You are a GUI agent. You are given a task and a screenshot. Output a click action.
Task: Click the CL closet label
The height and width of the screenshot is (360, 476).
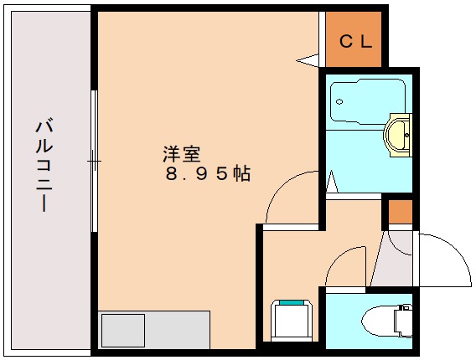click(355, 42)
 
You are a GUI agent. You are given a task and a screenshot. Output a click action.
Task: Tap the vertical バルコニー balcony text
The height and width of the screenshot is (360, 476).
click(44, 165)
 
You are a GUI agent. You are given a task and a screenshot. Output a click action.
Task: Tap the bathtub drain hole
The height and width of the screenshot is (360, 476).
click(339, 103)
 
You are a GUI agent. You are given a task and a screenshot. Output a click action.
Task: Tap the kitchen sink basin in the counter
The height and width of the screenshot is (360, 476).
click(122, 329)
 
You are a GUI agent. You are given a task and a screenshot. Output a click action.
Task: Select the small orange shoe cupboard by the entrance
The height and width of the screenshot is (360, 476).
click(400, 213)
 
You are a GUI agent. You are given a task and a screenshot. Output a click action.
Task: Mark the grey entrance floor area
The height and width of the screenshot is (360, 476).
click(391, 260)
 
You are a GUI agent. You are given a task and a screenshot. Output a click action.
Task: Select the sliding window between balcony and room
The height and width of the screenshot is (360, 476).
click(95, 159)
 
